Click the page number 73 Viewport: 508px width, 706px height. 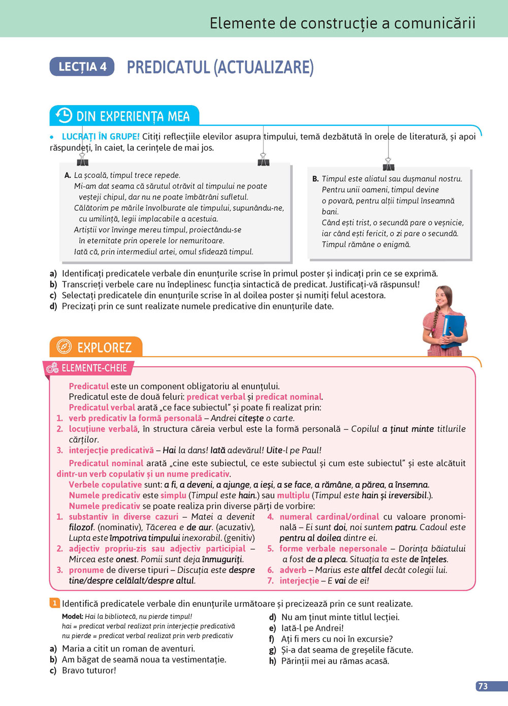click(483, 686)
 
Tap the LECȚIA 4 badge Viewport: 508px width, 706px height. click(82, 67)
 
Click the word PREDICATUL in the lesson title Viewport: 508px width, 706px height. click(168, 67)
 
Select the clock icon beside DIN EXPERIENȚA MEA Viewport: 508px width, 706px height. click(64, 115)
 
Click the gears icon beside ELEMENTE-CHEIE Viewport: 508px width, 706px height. click(52, 368)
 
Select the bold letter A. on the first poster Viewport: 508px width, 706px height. click(68, 175)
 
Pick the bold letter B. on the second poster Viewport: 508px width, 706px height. click(315, 179)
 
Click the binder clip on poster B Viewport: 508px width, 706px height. click(389, 164)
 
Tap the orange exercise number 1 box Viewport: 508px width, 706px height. click(54, 603)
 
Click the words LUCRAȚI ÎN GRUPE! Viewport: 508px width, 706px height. click(101, 137)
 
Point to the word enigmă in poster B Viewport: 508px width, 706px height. click(396, 244)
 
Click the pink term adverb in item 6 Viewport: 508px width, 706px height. click(293, 570)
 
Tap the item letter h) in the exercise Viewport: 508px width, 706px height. click(272, 661)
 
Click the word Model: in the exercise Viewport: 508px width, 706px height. click(73, 617)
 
